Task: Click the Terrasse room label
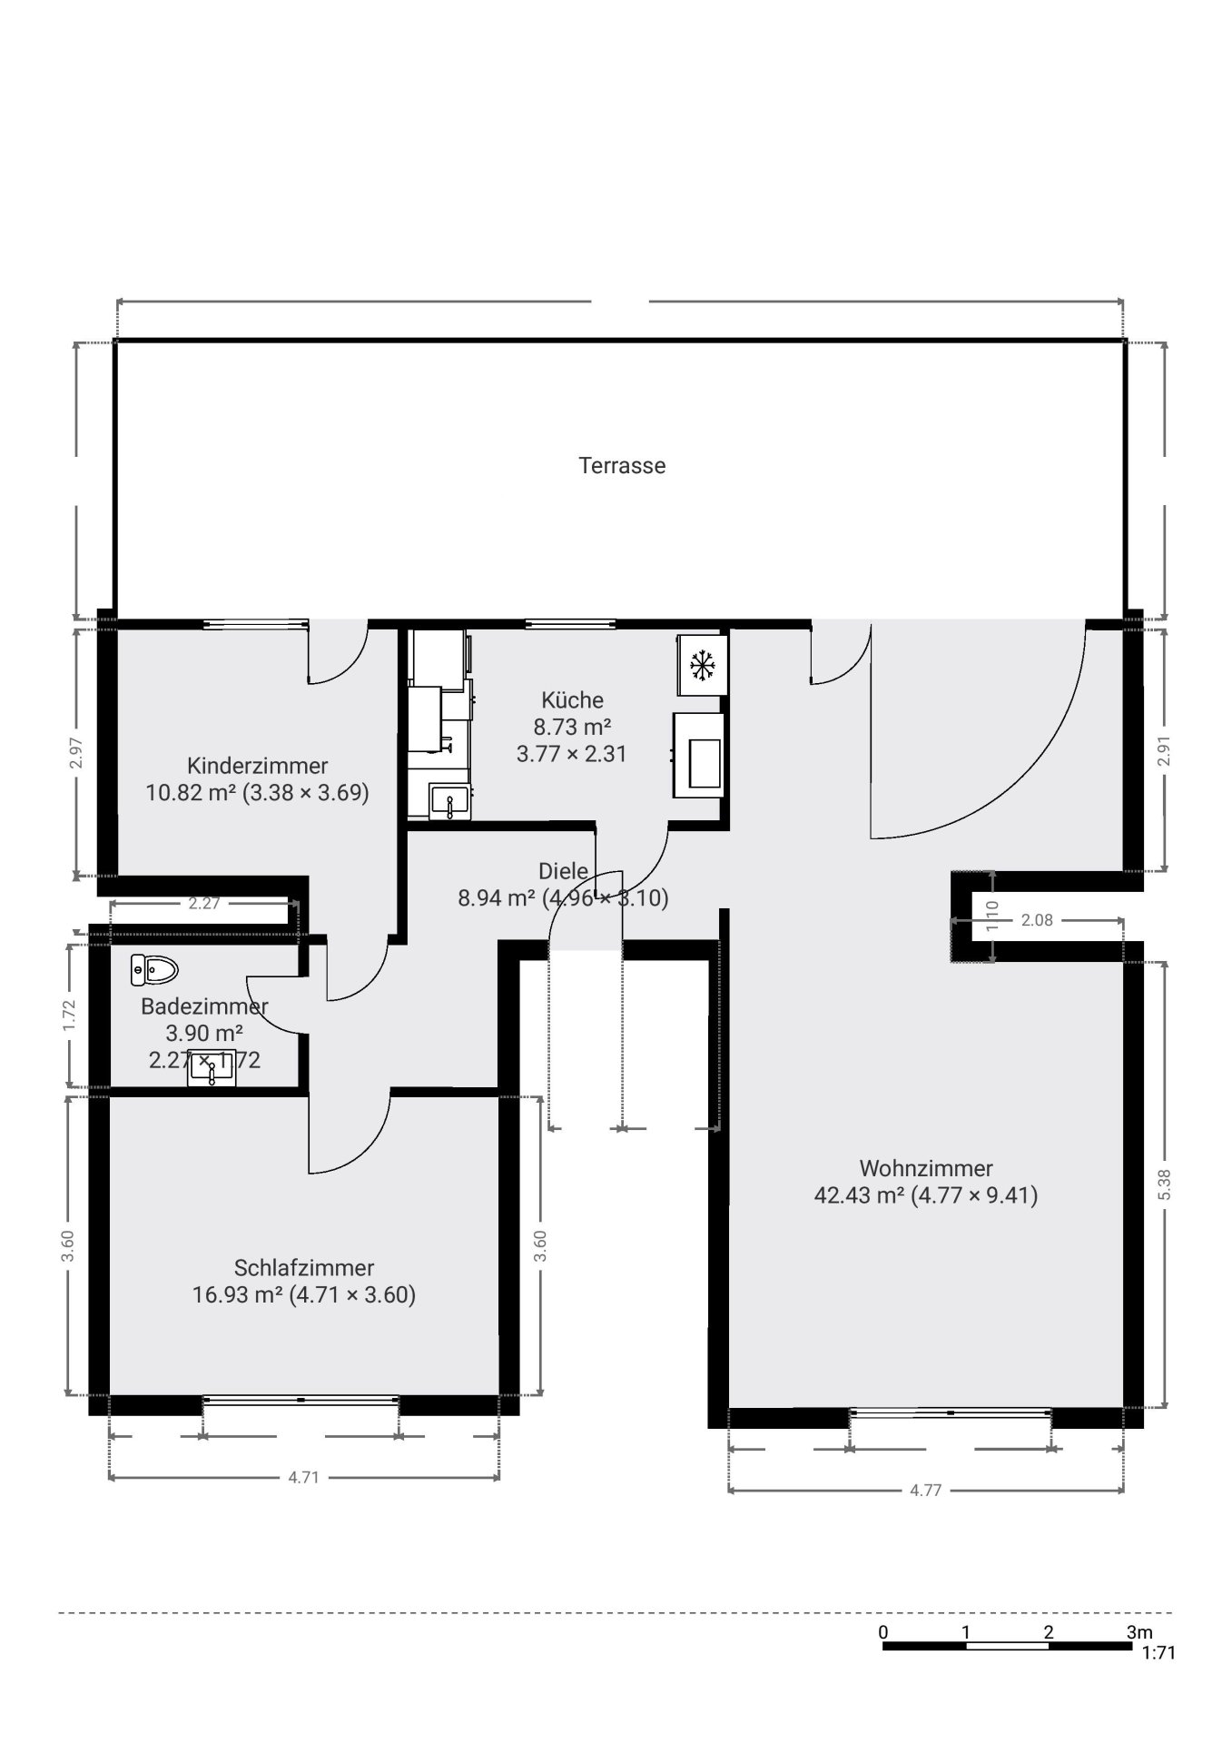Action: tap(622, 465)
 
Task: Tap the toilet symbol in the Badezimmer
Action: tap(153, 969)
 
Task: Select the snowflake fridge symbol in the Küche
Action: tap(702, 666)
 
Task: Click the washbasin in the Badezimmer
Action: tap(211, 1068)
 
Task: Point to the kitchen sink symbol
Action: tap(448, 802)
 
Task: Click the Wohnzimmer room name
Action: tap(926, 1168)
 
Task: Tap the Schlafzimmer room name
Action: tap(304, 1267)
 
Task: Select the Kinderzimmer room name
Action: tap(257, 765)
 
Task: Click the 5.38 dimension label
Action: tap(1166, 1184)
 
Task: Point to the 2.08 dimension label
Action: tap(1037, 920)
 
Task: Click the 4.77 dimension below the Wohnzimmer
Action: tap(925, 1490)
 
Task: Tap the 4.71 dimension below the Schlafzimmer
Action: tap(303, 1477)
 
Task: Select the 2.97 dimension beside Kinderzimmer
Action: tap(76, 753)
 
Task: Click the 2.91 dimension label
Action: tap(1165, 750)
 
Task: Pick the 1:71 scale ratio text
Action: tap(1158, 1653)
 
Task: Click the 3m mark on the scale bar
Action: tap(1139, 1632)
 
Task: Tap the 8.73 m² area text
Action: tap(572, 727)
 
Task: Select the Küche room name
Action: tap(572, 699)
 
